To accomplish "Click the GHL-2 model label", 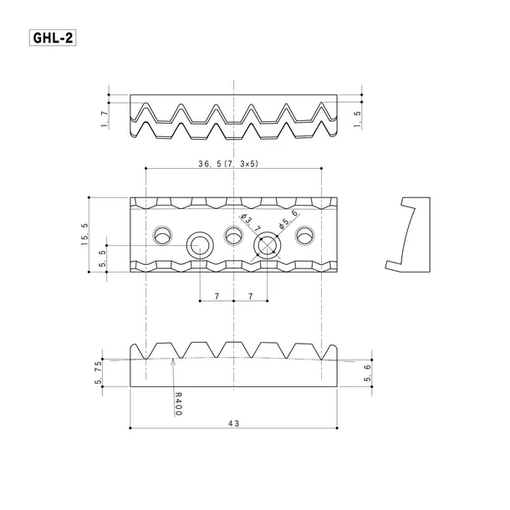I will (52, 38).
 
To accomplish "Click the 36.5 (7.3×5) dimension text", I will (228, 164).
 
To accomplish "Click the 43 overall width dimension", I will (232, 424).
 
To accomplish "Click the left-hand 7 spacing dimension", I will (216, 297).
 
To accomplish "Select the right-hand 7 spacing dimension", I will (251, 297).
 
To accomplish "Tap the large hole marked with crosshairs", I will (267, 245).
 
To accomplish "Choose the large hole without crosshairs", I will (199, 245).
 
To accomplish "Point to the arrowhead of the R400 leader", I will (172, 360).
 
